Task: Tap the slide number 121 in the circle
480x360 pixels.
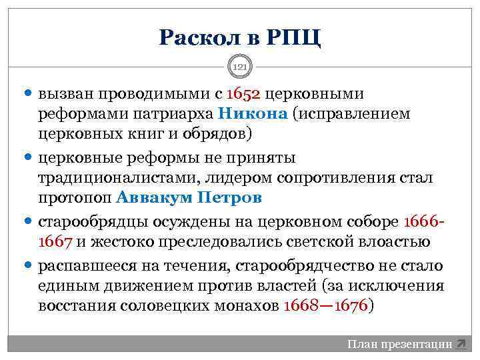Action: point(240,67)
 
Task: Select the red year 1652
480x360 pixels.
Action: point(243,93)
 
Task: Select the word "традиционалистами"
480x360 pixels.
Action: point(113,178)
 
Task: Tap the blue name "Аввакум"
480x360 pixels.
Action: point(151,197)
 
